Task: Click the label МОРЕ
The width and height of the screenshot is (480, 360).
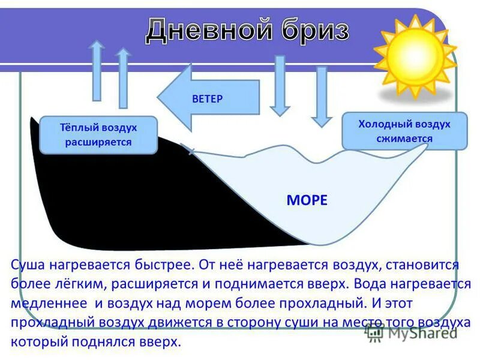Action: (x=307, y=200)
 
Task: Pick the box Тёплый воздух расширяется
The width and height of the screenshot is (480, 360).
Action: (x=98, y=135)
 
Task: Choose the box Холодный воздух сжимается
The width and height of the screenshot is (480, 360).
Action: (x=404, y=131)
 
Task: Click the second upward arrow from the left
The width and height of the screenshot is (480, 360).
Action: (x=124, y=77)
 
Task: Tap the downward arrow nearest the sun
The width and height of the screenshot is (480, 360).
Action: (x=322, y=96)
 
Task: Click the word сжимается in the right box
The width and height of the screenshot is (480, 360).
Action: (x=404, y=138)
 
